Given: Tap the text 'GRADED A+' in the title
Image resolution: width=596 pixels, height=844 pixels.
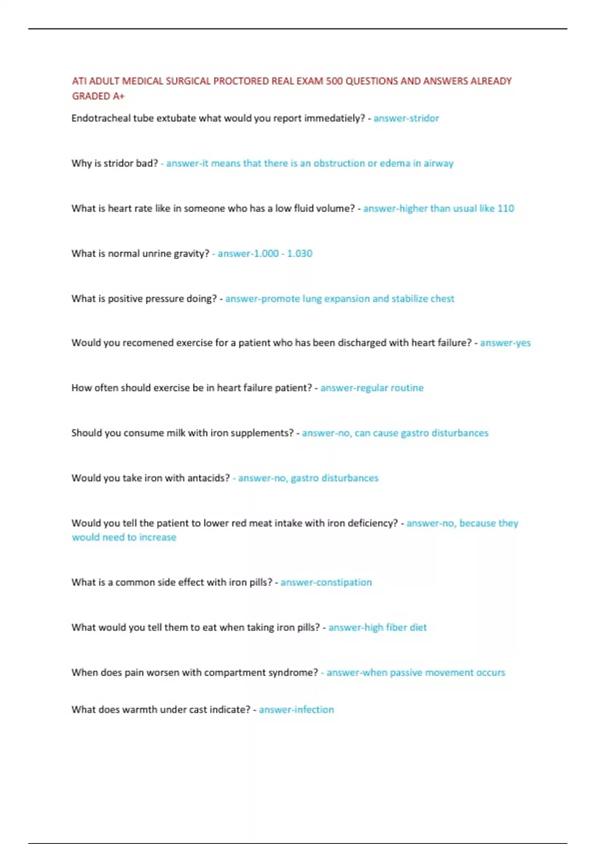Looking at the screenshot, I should click(x=98, y=96).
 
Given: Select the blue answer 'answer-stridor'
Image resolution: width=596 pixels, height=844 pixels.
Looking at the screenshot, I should click(x=406, y=118).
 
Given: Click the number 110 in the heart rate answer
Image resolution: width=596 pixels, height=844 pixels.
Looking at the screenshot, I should click(x=506, y=209).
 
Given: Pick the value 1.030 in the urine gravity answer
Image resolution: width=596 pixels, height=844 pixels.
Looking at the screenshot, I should click(x=299, y=254).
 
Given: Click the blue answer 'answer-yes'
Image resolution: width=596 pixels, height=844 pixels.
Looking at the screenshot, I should click(x=505, y=343).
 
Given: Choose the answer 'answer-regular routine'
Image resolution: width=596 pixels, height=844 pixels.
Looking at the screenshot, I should click(x=372, y=388).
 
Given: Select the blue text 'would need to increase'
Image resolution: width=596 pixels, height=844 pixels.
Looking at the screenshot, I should click(x=124, y=537).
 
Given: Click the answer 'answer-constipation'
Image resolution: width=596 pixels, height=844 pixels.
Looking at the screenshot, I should click(x=326, y=582).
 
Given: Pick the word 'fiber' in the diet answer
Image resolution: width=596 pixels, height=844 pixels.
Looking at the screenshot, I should click(x=396, y=628).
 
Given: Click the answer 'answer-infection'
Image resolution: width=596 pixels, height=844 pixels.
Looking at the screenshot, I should click(x=296, y=710).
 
